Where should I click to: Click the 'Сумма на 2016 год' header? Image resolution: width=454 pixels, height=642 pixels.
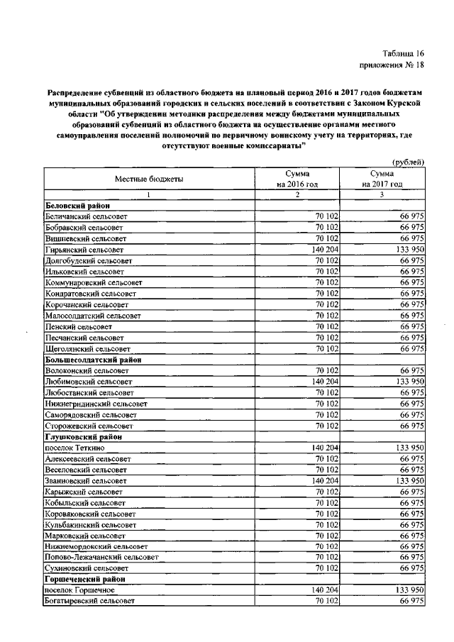pos(297,179)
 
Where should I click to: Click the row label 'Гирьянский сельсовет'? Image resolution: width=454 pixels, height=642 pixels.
pos(84,250)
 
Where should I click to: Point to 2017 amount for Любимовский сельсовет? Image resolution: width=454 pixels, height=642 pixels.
pos(407,382)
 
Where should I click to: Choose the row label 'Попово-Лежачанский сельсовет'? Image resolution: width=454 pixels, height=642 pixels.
pos(100,558)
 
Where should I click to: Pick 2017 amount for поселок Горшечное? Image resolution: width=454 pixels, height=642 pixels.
pos(407,590)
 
